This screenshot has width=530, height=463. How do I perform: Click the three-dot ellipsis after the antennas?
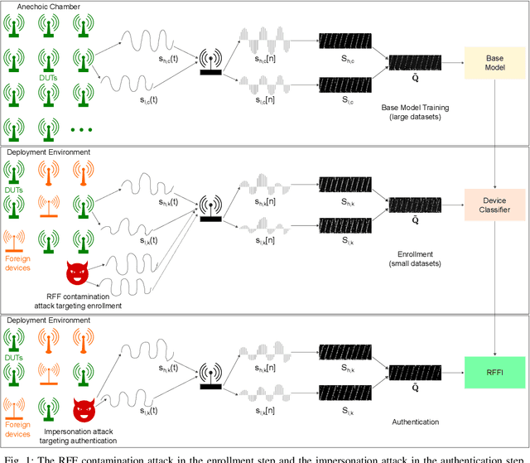82,130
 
